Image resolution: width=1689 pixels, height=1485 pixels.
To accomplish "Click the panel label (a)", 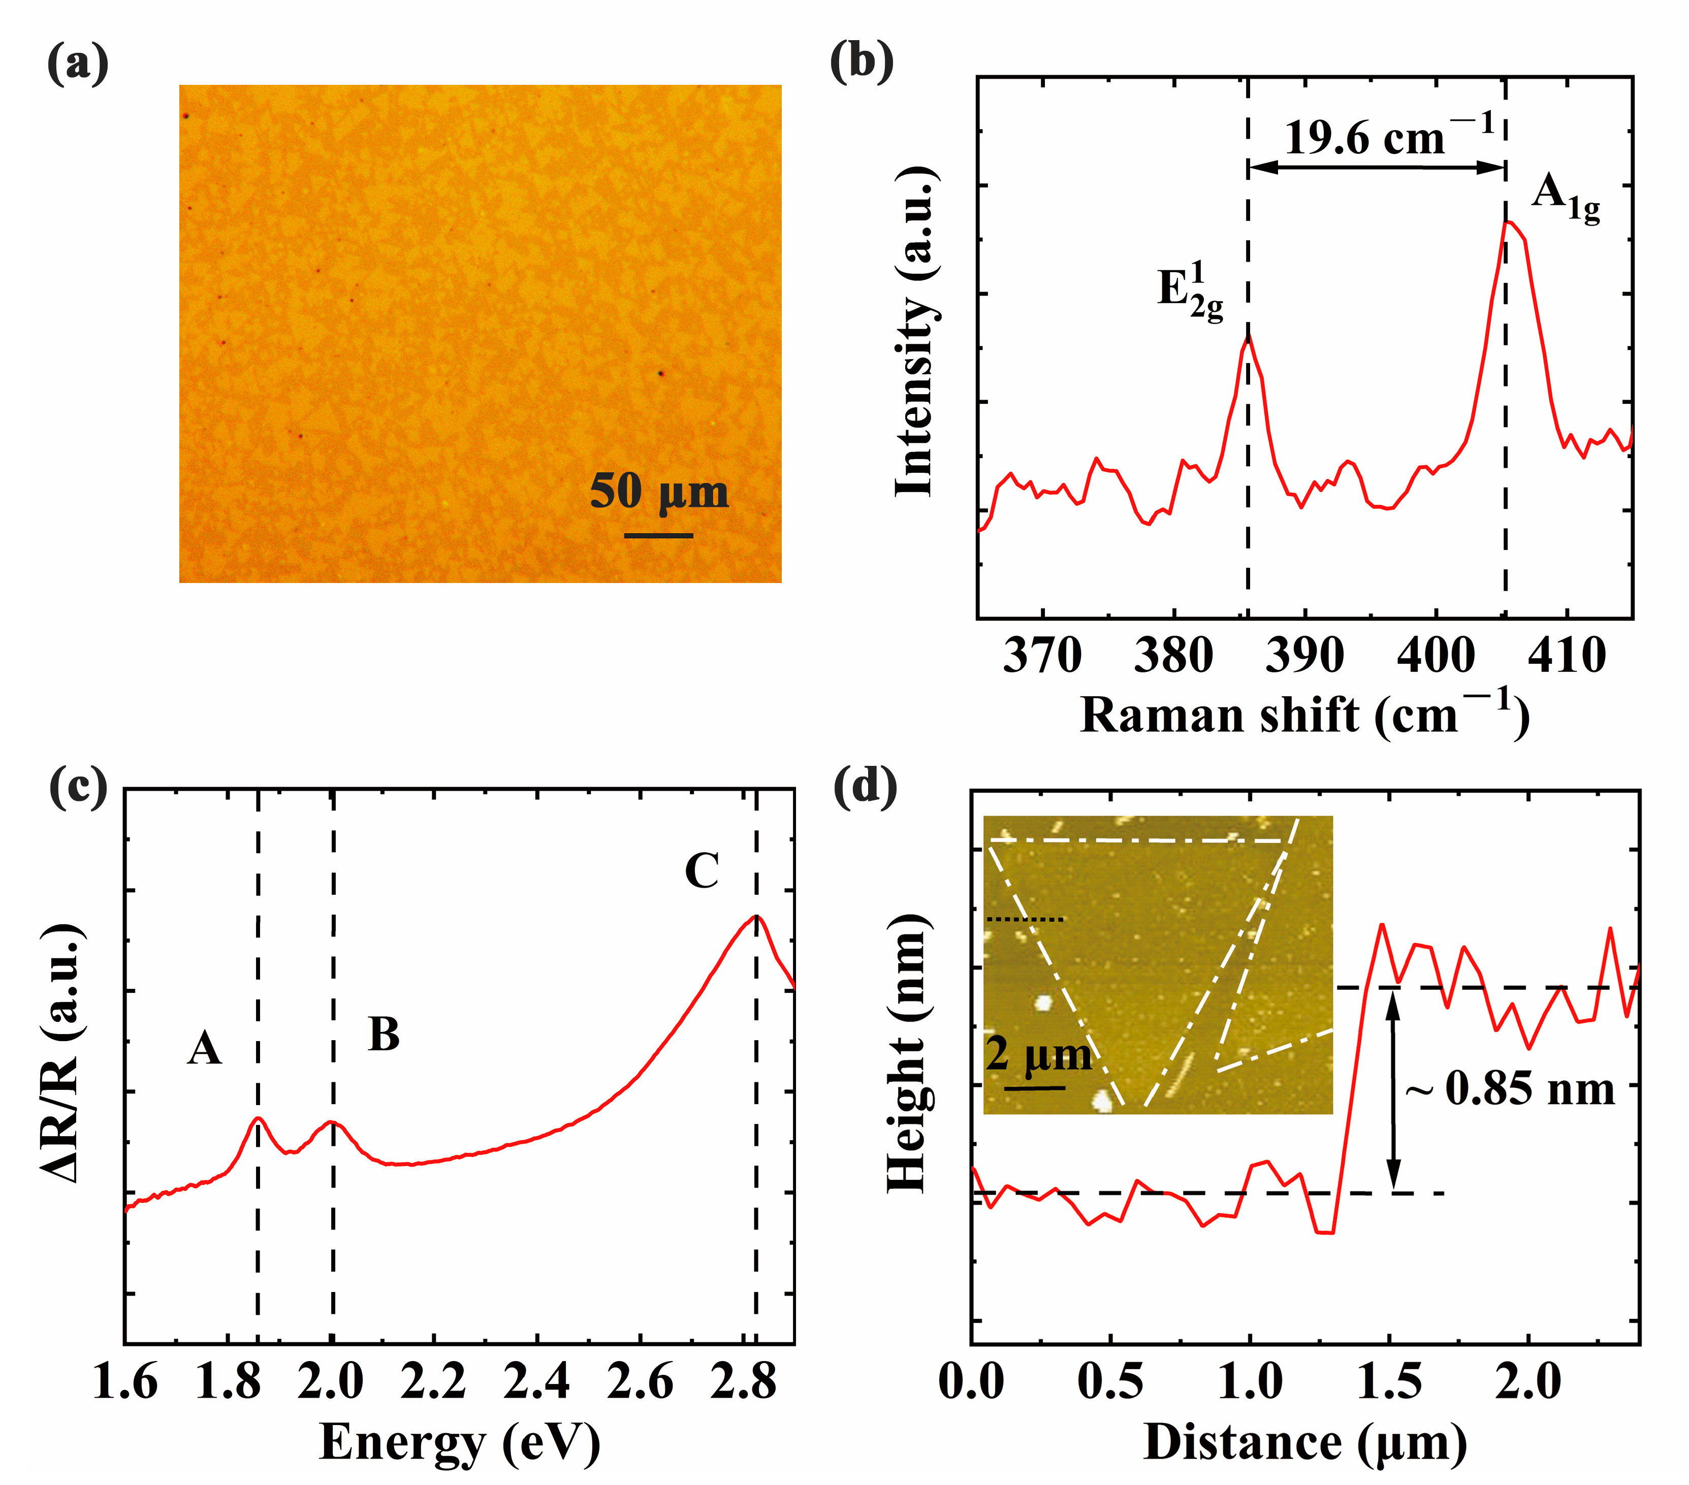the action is pyautogui.click(x=78, y=63).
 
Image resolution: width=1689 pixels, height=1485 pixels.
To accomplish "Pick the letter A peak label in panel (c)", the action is pyautogui.click(x=204, y=1049).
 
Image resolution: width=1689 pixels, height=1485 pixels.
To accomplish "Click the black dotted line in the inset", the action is pyautogui.click(x=1026, y=919).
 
